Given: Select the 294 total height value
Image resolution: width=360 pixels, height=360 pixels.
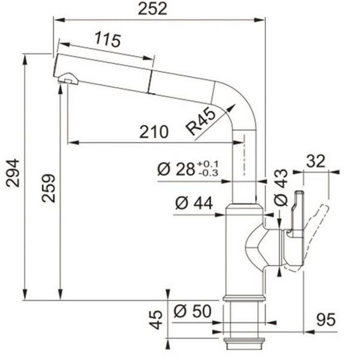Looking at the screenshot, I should pyautogui.click(x=13, y=173).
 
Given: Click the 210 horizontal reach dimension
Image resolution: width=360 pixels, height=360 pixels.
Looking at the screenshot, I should pyautogui.click(x=154, y=132).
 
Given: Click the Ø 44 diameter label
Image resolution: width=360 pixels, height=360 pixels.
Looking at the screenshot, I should pyautogui.click(x=194, y=204).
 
